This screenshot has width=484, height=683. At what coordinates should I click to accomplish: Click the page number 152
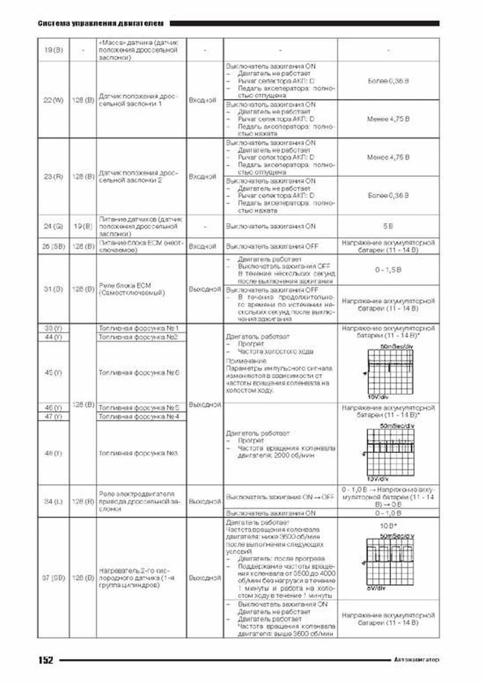[46, 660]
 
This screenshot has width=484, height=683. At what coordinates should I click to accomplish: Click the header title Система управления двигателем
[101, 23]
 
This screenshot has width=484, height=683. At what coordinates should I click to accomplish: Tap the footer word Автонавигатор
[416, 660]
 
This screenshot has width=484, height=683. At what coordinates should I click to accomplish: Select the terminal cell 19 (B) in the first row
[53, 50]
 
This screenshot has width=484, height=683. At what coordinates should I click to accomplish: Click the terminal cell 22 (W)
[53, 100]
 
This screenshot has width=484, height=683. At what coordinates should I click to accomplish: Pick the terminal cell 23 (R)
[53, 176]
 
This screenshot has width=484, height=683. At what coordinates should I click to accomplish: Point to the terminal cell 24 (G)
[53, 226]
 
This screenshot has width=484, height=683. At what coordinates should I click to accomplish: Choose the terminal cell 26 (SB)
[53, 246]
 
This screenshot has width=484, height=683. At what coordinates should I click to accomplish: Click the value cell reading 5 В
[388, 226]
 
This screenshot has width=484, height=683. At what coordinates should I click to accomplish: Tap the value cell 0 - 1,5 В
[388, 270]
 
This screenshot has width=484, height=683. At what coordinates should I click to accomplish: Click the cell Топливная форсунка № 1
[138, 328]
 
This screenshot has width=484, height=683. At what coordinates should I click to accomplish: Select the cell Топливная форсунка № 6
[138, 372]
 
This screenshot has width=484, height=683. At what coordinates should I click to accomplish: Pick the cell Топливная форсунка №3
[138, 453]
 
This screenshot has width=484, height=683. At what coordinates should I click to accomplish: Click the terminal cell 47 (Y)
[53, 417]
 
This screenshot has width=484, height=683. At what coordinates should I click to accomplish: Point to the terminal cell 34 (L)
[53, 501]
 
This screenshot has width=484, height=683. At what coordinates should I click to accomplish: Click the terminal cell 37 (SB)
[53, 578]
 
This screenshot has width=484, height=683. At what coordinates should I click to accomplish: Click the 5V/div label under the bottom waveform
[376, 588]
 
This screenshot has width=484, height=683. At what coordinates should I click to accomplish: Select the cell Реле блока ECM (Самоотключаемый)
[132, 289]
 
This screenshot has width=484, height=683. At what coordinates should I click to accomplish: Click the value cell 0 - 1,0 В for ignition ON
[388, 513]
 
